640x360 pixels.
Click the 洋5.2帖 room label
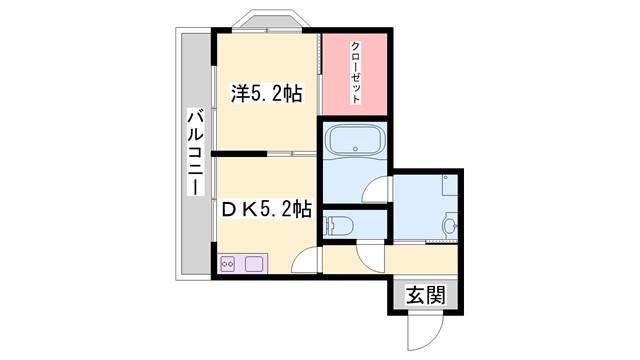(266, 94)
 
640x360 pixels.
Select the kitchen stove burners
(227, 265)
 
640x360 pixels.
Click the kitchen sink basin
(251, 265)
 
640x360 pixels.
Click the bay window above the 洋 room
(268, 22)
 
